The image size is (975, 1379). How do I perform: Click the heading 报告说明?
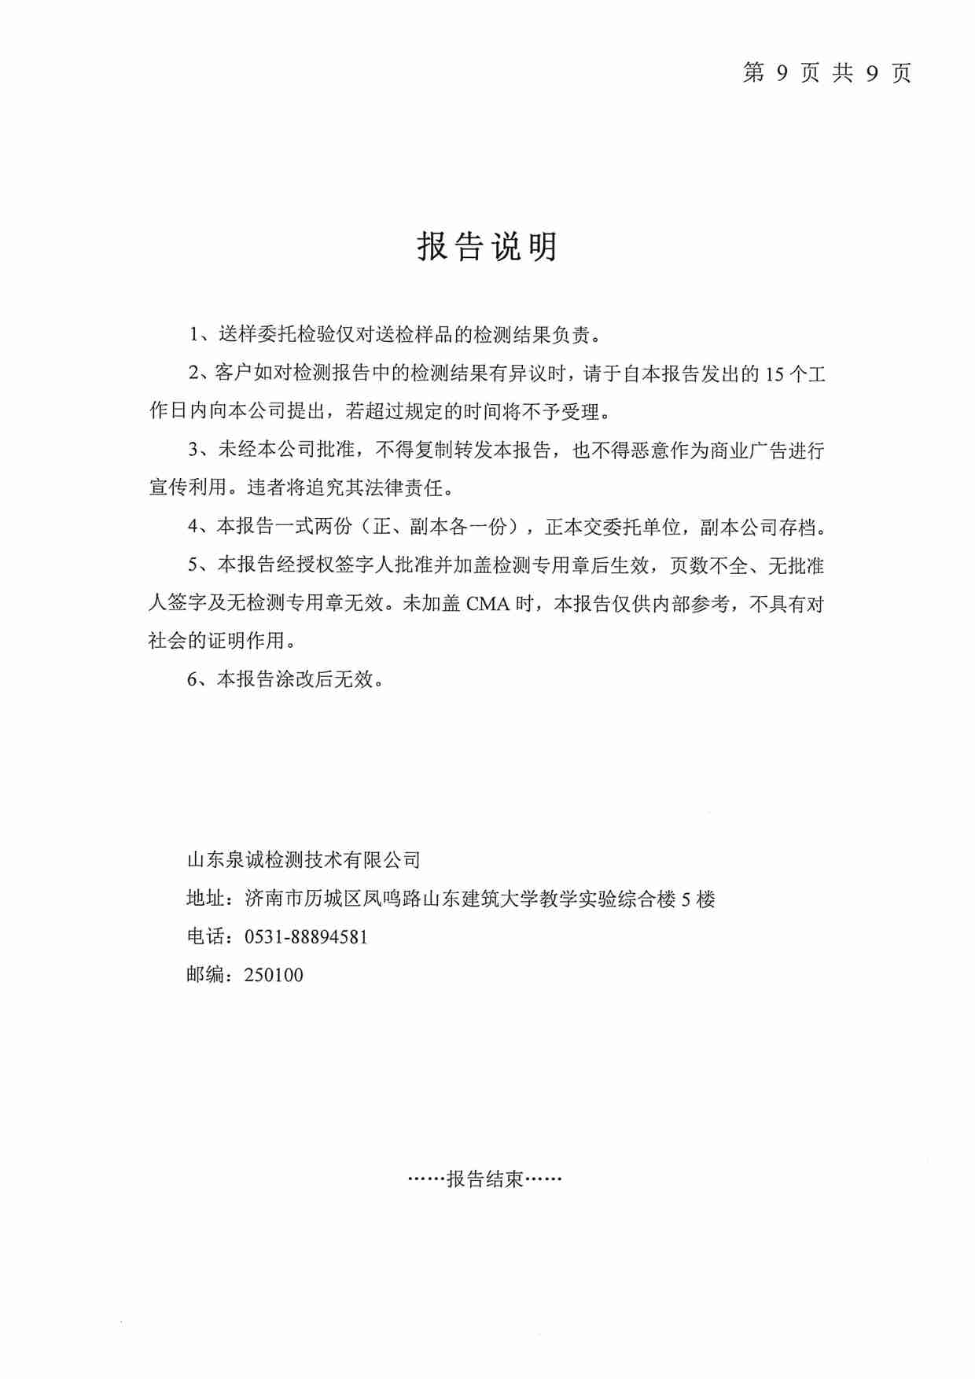coord(487,247)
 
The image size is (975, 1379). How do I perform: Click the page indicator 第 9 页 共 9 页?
coord(826,73)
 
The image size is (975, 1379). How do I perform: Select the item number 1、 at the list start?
coord(198,335)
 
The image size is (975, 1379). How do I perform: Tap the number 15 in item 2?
coord(774,374)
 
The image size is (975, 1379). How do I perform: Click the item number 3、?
coord(198,450)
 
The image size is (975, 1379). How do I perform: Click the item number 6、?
coord(197,679)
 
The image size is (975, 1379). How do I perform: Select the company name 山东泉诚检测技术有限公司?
coord(304,860)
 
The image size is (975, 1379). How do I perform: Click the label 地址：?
coord(209,899)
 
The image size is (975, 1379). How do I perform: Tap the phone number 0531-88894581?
coord(306,937)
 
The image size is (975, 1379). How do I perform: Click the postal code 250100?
coord(274,976)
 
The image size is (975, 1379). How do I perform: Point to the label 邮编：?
coord(209,976)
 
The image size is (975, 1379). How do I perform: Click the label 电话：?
coord(209,937)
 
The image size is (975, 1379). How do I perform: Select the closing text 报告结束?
coord(484,1179)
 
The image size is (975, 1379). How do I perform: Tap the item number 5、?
coord(197,566)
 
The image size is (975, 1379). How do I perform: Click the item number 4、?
coord(197,528)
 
